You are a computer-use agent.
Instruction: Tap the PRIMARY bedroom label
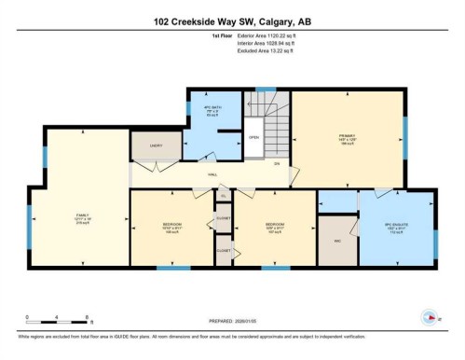pyautogui.click(x=347, y=136)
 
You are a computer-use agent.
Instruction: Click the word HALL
pyautogui.click(x=212, y=173)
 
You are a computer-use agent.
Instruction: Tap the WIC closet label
pyautogui.click(x=337, y=240)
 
